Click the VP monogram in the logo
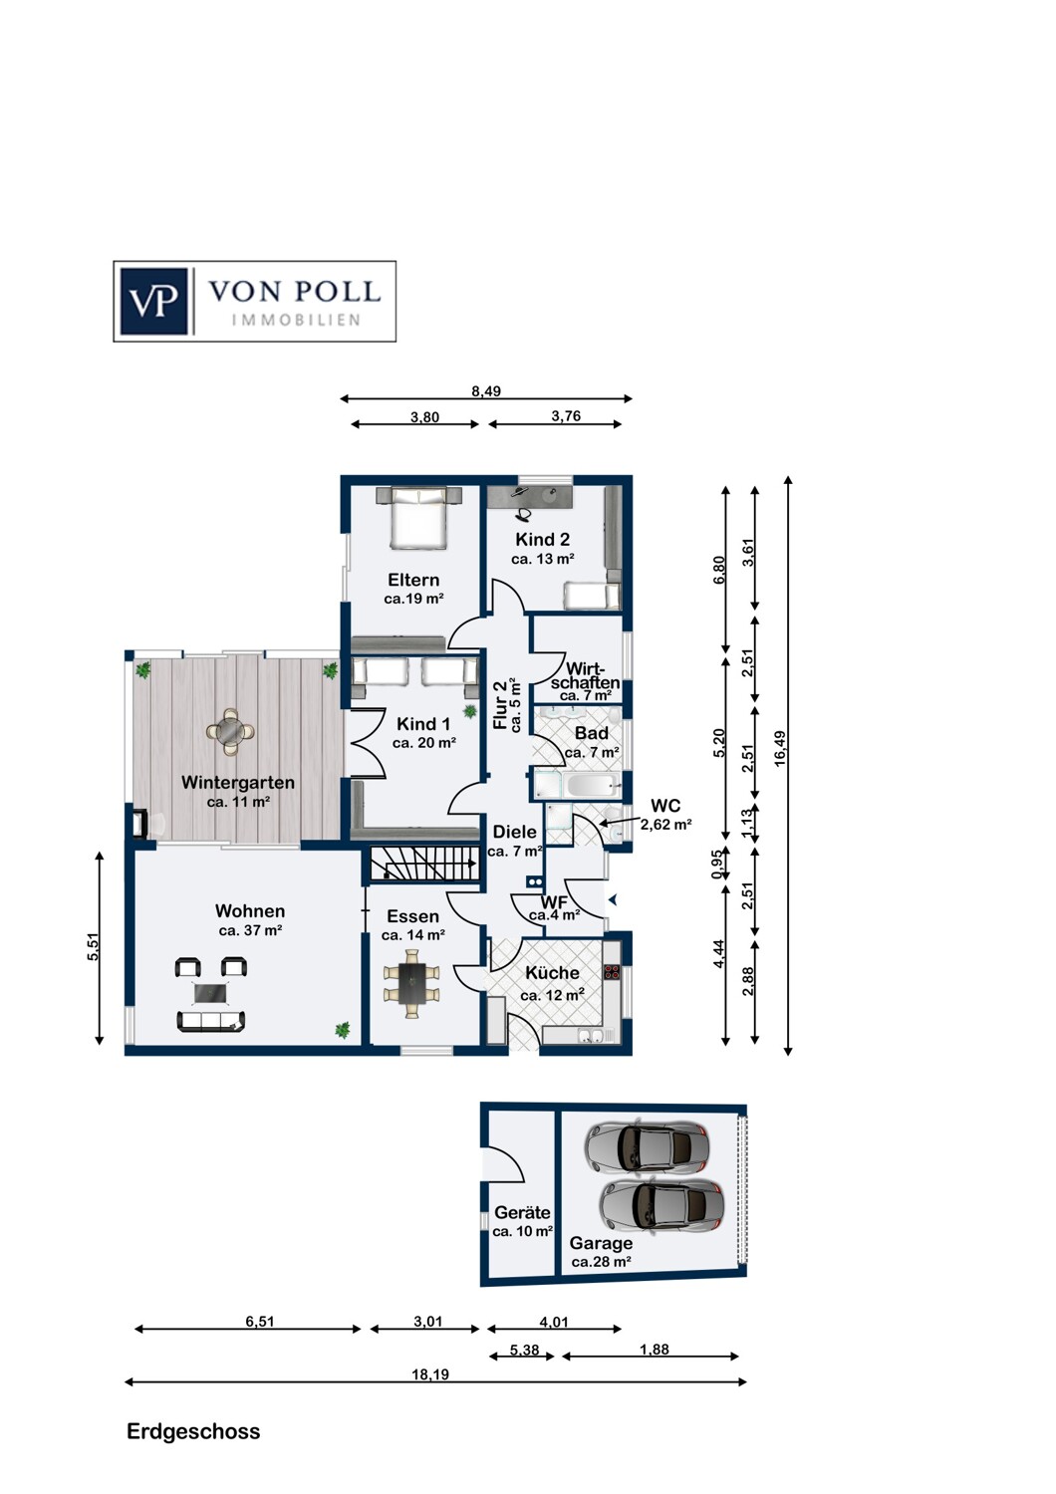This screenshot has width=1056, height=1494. click(x=153, y=302)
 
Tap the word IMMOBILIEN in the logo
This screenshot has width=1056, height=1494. click(x=296, y=321)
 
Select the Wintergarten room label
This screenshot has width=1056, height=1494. click(x=238, y=782)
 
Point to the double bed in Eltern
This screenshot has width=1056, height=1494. click(x=418, y=517)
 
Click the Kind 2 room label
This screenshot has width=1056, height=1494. click(x=542, y=539)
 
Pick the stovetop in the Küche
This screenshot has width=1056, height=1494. click(x=612, y=971)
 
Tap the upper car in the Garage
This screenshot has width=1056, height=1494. click(x=647, y=1146)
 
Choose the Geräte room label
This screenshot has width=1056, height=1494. click(x=522, y=1212)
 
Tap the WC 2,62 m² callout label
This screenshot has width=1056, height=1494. click(x=665, y=815)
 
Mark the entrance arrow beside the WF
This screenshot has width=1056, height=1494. click(x=613, y=900)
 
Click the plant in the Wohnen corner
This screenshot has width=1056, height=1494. click(x=343, y=1031)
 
